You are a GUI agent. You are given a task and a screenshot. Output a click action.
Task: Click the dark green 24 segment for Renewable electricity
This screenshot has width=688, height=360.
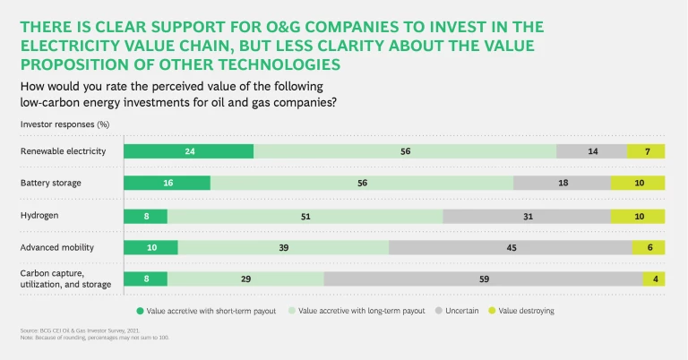coord(188,151)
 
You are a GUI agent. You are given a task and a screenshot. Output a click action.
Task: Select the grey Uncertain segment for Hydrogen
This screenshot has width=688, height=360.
coord(527,216)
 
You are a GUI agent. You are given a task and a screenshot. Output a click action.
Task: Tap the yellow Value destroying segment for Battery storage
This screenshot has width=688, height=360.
coord(638,183)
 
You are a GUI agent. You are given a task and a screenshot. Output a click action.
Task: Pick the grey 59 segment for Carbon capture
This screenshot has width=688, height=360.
coord(483,279)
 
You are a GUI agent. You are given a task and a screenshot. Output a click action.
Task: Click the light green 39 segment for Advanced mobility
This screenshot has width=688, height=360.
coord(283,247)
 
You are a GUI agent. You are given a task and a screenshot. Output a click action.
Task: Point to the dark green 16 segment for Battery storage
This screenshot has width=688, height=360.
coord(167,183)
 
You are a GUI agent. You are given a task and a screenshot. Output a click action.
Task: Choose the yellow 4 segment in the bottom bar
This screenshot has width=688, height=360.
coord(654,279)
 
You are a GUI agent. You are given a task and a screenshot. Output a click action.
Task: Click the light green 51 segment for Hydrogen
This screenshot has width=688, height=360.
coord(305,216)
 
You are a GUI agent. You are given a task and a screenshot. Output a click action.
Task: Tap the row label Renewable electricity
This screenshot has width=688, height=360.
coord(63,151)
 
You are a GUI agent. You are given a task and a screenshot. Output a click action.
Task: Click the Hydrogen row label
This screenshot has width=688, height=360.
coord(41,216)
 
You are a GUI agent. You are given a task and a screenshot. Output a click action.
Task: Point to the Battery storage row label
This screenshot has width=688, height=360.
coord(51,183)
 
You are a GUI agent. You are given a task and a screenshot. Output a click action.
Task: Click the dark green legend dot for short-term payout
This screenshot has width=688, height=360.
coord(140,311)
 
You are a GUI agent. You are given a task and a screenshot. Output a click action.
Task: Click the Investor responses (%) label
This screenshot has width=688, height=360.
coord(64,124)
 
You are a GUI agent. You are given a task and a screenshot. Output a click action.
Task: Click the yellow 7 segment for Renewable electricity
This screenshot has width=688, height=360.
coord(646,151)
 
